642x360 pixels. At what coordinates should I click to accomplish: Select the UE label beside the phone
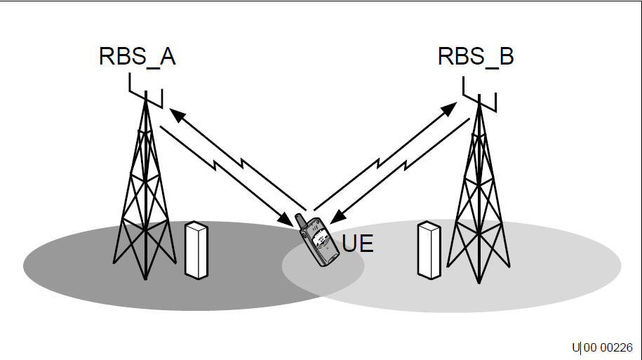point(358,245)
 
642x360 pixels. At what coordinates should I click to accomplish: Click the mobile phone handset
point(319,242)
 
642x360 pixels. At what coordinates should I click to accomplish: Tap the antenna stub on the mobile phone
point(300,220)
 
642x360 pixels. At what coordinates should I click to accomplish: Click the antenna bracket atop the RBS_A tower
point(146,90)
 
